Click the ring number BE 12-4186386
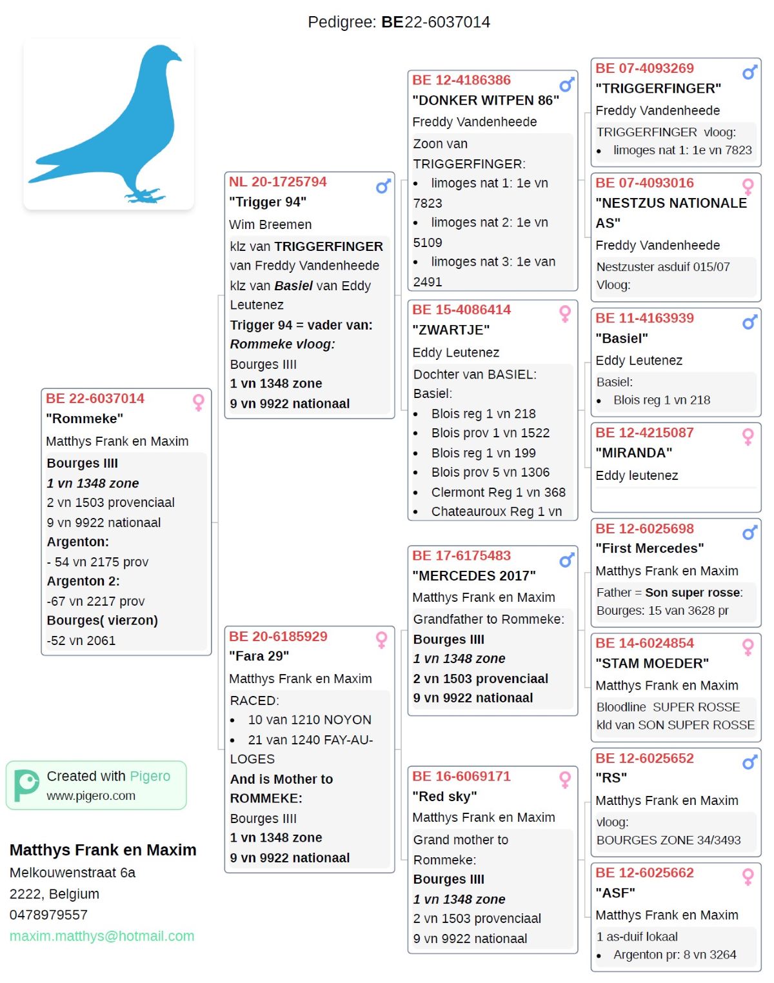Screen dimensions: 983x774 (x=461, y=80)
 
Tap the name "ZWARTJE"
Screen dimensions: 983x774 (x=451, y=330)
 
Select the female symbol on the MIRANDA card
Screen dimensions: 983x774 (x=748, y=437)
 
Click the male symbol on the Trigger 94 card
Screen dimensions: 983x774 (x=384, y=186)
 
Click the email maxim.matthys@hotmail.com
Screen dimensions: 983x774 (x=102, y=936)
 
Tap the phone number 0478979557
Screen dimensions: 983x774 (x=48, y=915)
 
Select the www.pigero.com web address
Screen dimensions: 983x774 (x=91, y=796)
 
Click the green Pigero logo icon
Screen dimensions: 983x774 (x=26, y=785)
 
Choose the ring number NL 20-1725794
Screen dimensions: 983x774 (x=277, y=182)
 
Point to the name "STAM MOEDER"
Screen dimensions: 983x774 (x=652, y=663)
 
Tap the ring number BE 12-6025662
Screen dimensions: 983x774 (x=644, y=873)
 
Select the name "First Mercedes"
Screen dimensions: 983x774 (x=650, y=548)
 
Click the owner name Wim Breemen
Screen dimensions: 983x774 (x=270, y=224)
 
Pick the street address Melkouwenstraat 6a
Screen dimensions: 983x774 (x=72, y=873)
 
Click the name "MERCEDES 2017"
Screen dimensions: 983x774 (x=474, y=575)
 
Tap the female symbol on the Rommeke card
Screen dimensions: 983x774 (x=199, y=402)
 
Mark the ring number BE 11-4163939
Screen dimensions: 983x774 (x=644, y=318)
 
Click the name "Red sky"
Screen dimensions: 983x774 (x=444, y=797)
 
